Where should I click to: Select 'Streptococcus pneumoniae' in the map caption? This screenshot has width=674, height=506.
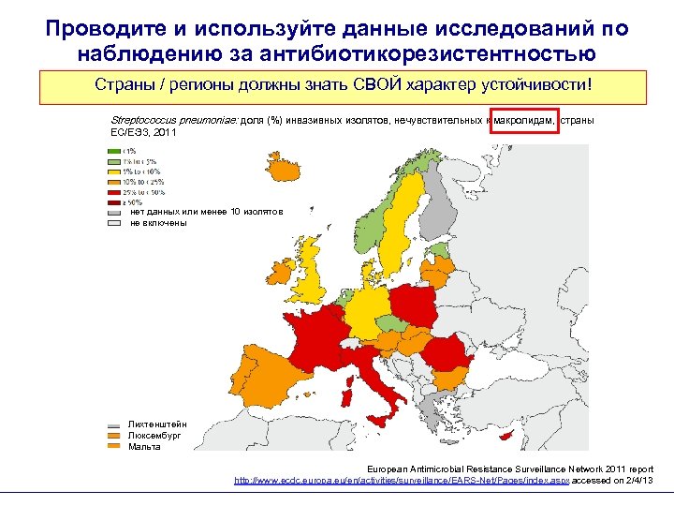pos(173,122)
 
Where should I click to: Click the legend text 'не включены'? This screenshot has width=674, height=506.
pos(158,223)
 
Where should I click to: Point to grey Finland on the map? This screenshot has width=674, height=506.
pos(438,201)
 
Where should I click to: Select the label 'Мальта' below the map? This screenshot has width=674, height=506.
pos(144,446)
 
